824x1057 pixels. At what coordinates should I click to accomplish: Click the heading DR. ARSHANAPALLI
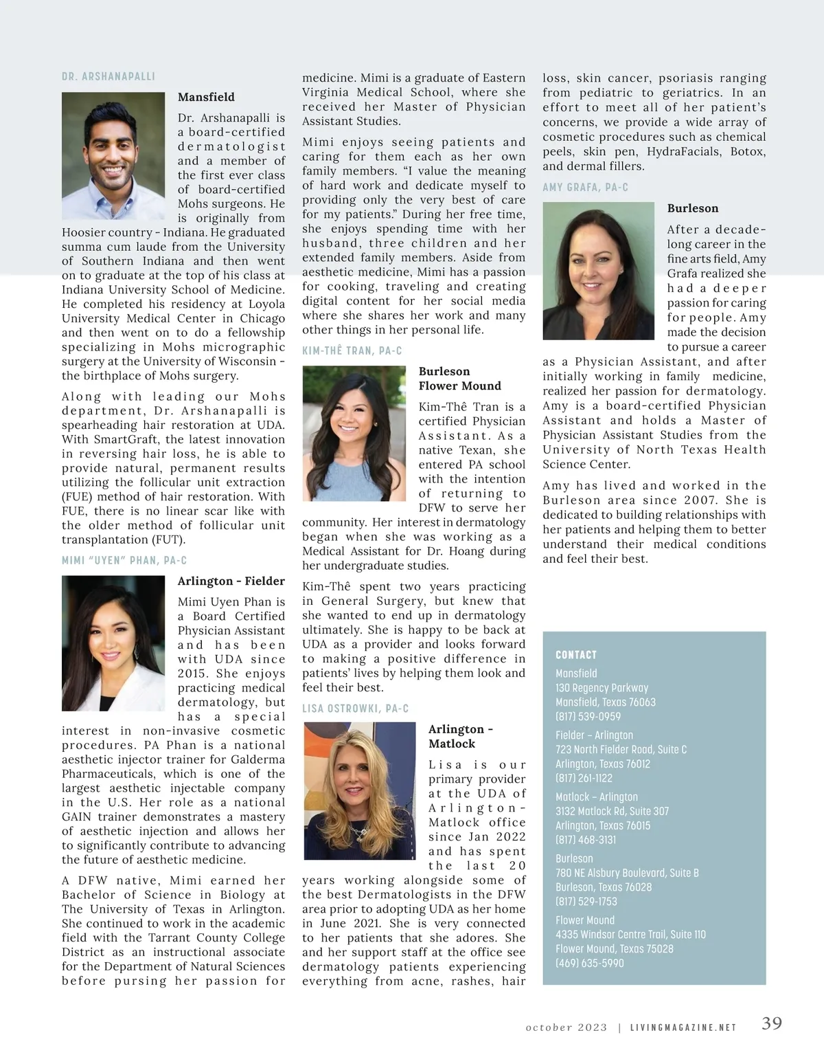pos(108,76)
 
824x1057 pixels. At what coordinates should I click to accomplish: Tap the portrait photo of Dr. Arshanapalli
pos(113,156)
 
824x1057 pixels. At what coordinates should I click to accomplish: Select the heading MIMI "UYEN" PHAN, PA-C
pos(124,561)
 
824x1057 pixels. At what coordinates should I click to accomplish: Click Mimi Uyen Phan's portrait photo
pos(113,643)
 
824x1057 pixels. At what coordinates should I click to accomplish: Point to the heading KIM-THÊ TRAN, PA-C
pos(352,351)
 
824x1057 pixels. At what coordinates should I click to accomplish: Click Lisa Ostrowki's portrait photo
pos(359,790)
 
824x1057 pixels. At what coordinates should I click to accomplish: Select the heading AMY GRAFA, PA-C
pos(586,188)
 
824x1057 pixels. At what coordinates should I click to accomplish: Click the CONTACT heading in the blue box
pos(576,655)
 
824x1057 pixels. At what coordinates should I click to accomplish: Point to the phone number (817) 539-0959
pos(588,716)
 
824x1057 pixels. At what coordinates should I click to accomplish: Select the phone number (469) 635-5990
pos(590,963)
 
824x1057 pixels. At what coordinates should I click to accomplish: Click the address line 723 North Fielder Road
pos(621,749)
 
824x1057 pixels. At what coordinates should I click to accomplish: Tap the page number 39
pos(772,1023)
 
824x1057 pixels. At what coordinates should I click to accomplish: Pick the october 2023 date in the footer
pos(566,1027)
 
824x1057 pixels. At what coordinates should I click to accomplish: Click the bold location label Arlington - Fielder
pos(231,581)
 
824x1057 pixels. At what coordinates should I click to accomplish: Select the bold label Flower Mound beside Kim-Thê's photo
pos(460,386)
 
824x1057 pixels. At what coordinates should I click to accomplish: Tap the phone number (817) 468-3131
pos(586,839)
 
